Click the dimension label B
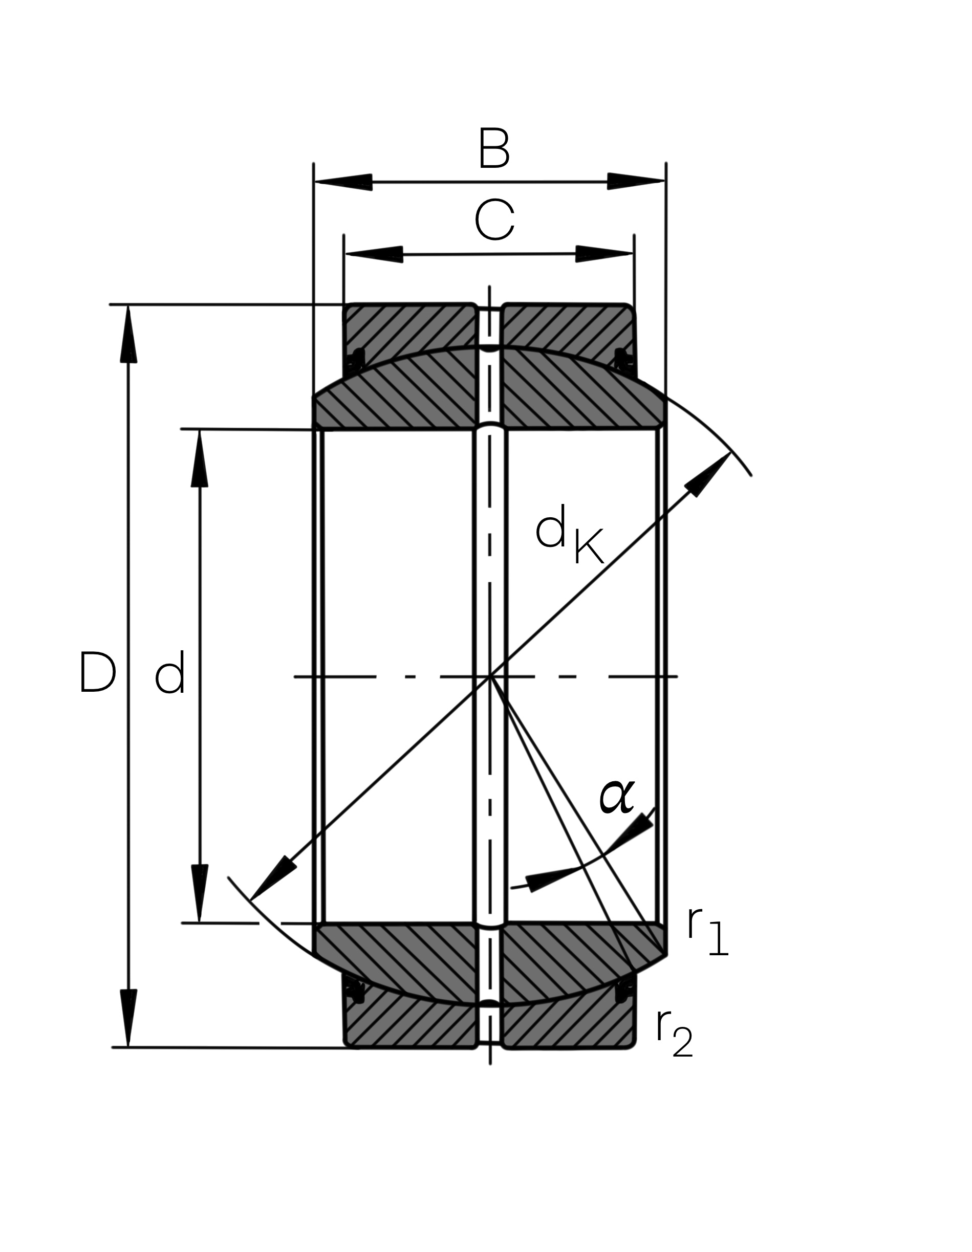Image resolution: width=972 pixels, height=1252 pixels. (494, 149)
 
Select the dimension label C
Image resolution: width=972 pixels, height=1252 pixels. (494, 221)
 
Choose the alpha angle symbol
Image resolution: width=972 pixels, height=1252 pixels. (616, 797)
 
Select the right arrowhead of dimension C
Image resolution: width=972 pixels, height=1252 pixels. (605, 253)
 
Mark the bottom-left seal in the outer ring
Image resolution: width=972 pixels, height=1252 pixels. (356, 994)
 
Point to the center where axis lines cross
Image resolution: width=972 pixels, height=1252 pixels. (490, 677)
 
